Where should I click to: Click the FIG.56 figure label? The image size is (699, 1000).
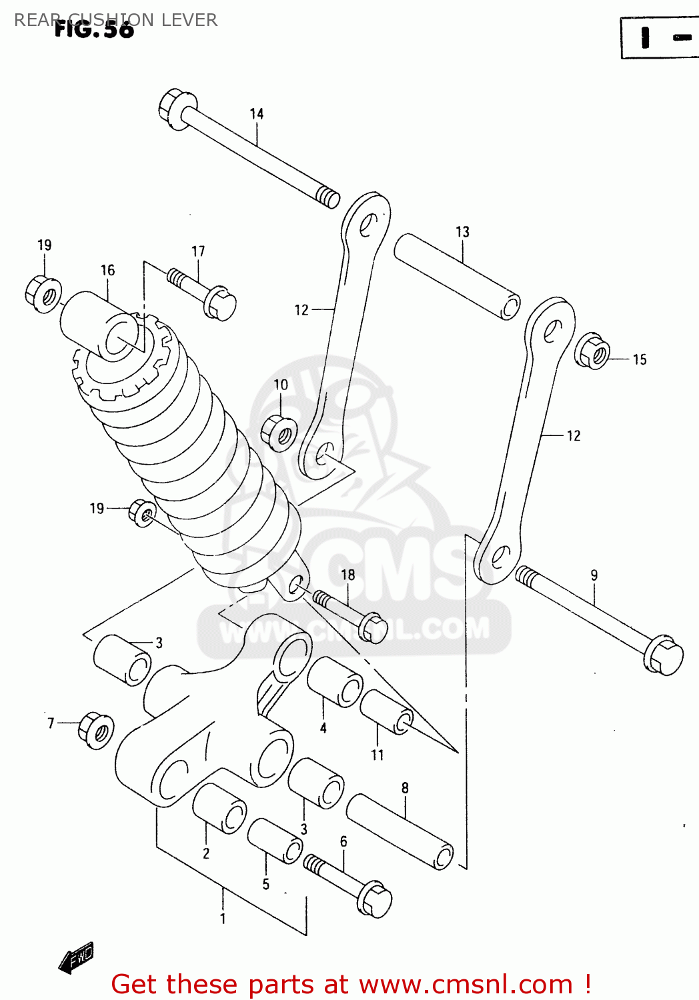(94, 29)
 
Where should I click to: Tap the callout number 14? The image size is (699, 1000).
(257, 114)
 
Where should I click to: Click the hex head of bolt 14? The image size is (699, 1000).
(176, 108)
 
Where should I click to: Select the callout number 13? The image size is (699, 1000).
(462, 232)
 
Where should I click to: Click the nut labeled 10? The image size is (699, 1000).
(279, 433)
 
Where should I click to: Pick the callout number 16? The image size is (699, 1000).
(107, 270)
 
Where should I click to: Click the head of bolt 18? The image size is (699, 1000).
(373, 627)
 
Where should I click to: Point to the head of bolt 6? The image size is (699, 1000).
(374, 899)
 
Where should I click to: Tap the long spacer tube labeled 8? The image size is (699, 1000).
(400, 831)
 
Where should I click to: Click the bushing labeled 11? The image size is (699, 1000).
(387, 712)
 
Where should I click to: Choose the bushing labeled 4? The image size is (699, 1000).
(335, 681)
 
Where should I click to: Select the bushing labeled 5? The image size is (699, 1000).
(275, 841)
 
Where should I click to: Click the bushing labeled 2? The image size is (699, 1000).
(219, 808)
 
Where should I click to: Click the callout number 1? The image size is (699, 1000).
(223, 919)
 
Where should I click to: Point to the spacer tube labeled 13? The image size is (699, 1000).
(457, 276)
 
